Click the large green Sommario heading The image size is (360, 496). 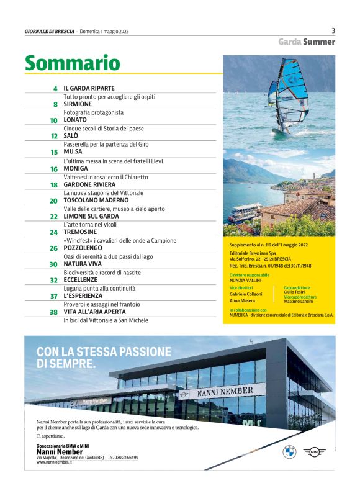pos(72,63)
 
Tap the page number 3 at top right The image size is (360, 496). pos(333,30)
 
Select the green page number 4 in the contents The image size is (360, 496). pos(55,89)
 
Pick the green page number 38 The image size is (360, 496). pos(53,313)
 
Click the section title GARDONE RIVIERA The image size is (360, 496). pos(91,184)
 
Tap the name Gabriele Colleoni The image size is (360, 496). pos(246,294)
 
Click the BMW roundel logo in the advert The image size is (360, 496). pos(289,451)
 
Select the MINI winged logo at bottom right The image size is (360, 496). pos(313,451)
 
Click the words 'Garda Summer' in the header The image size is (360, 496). pos(306,42)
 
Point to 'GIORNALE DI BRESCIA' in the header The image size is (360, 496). pos(50,30)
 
